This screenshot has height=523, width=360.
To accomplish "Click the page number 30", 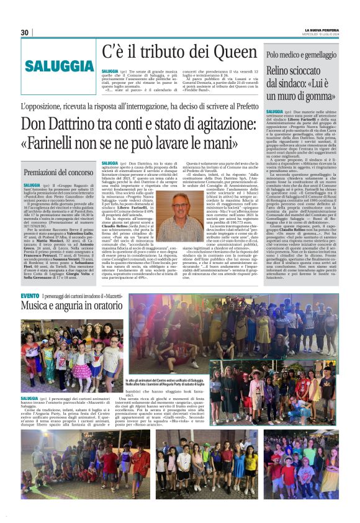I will click(25, 32).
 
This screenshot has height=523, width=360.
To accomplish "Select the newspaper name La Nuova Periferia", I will click(321, 30).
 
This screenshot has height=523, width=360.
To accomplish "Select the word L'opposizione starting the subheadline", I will click(48, 107).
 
